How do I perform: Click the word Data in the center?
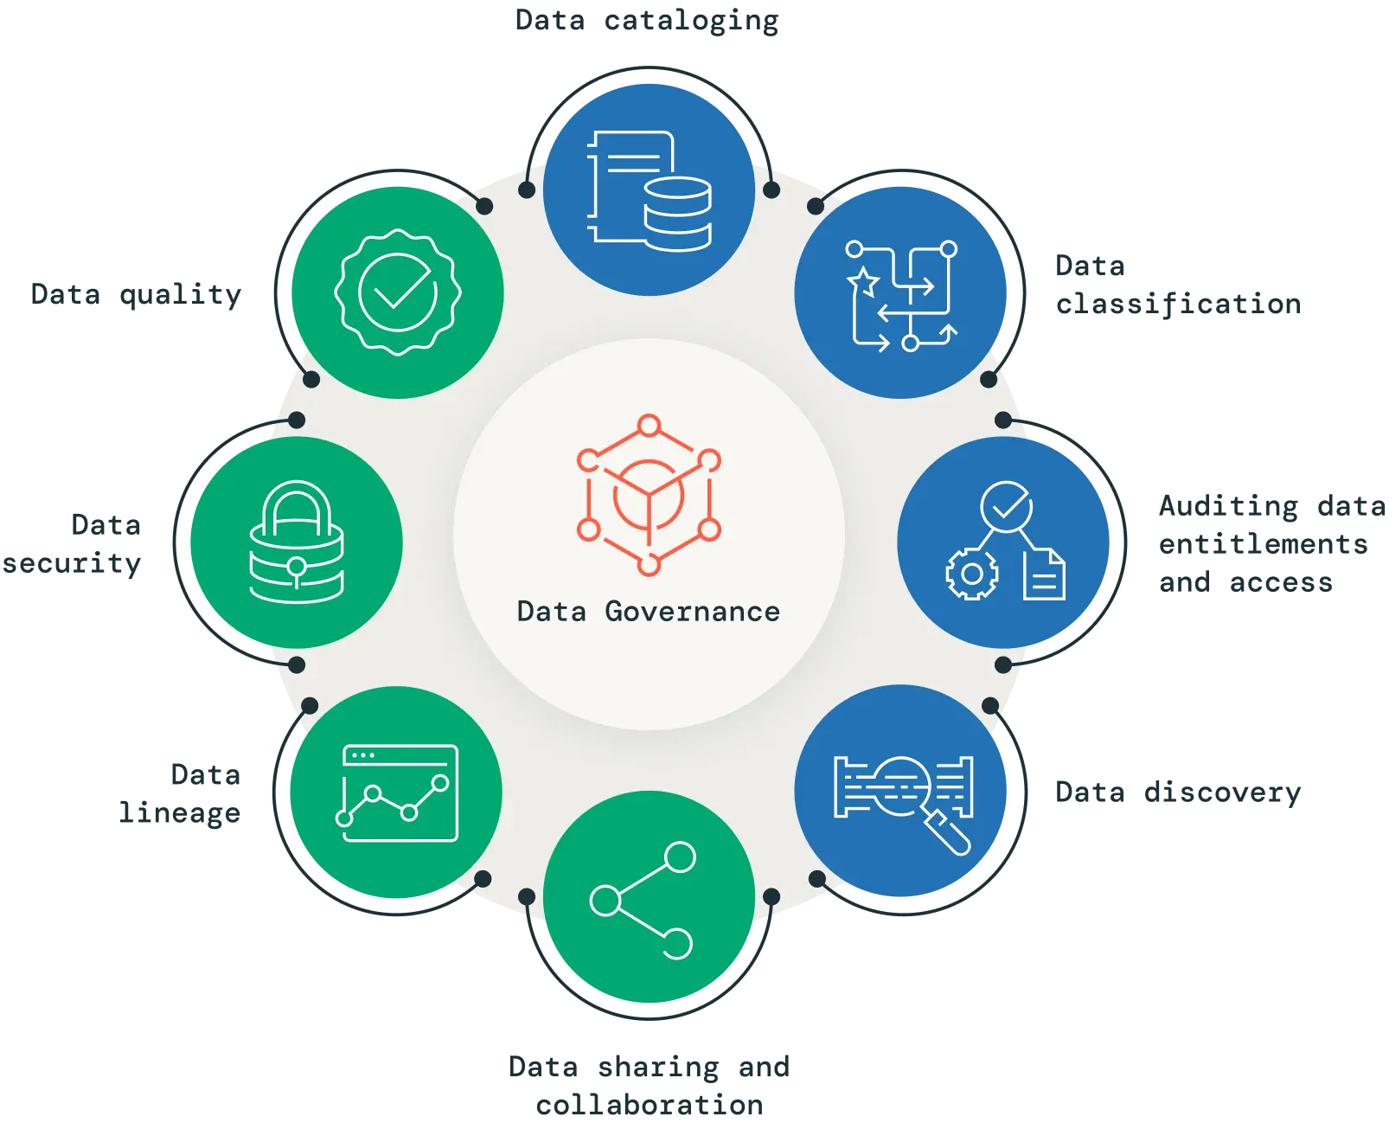point(551,612)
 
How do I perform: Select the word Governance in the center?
point(692,612)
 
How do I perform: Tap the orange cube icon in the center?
point(649,495)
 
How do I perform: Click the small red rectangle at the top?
point(690,44)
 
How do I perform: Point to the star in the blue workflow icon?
point(862,281)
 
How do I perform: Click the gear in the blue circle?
point(971,574)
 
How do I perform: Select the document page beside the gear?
point(1044,574)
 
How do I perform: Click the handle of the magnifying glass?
point(950,834)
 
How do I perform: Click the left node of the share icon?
point(605,901)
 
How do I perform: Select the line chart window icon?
point(397,793)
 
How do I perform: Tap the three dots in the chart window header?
point(362,755)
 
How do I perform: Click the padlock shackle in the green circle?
point(296,510)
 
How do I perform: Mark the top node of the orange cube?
point(649,426)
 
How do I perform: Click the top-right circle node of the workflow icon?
point(948,249)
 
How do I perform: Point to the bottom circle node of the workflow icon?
point(910,343)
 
